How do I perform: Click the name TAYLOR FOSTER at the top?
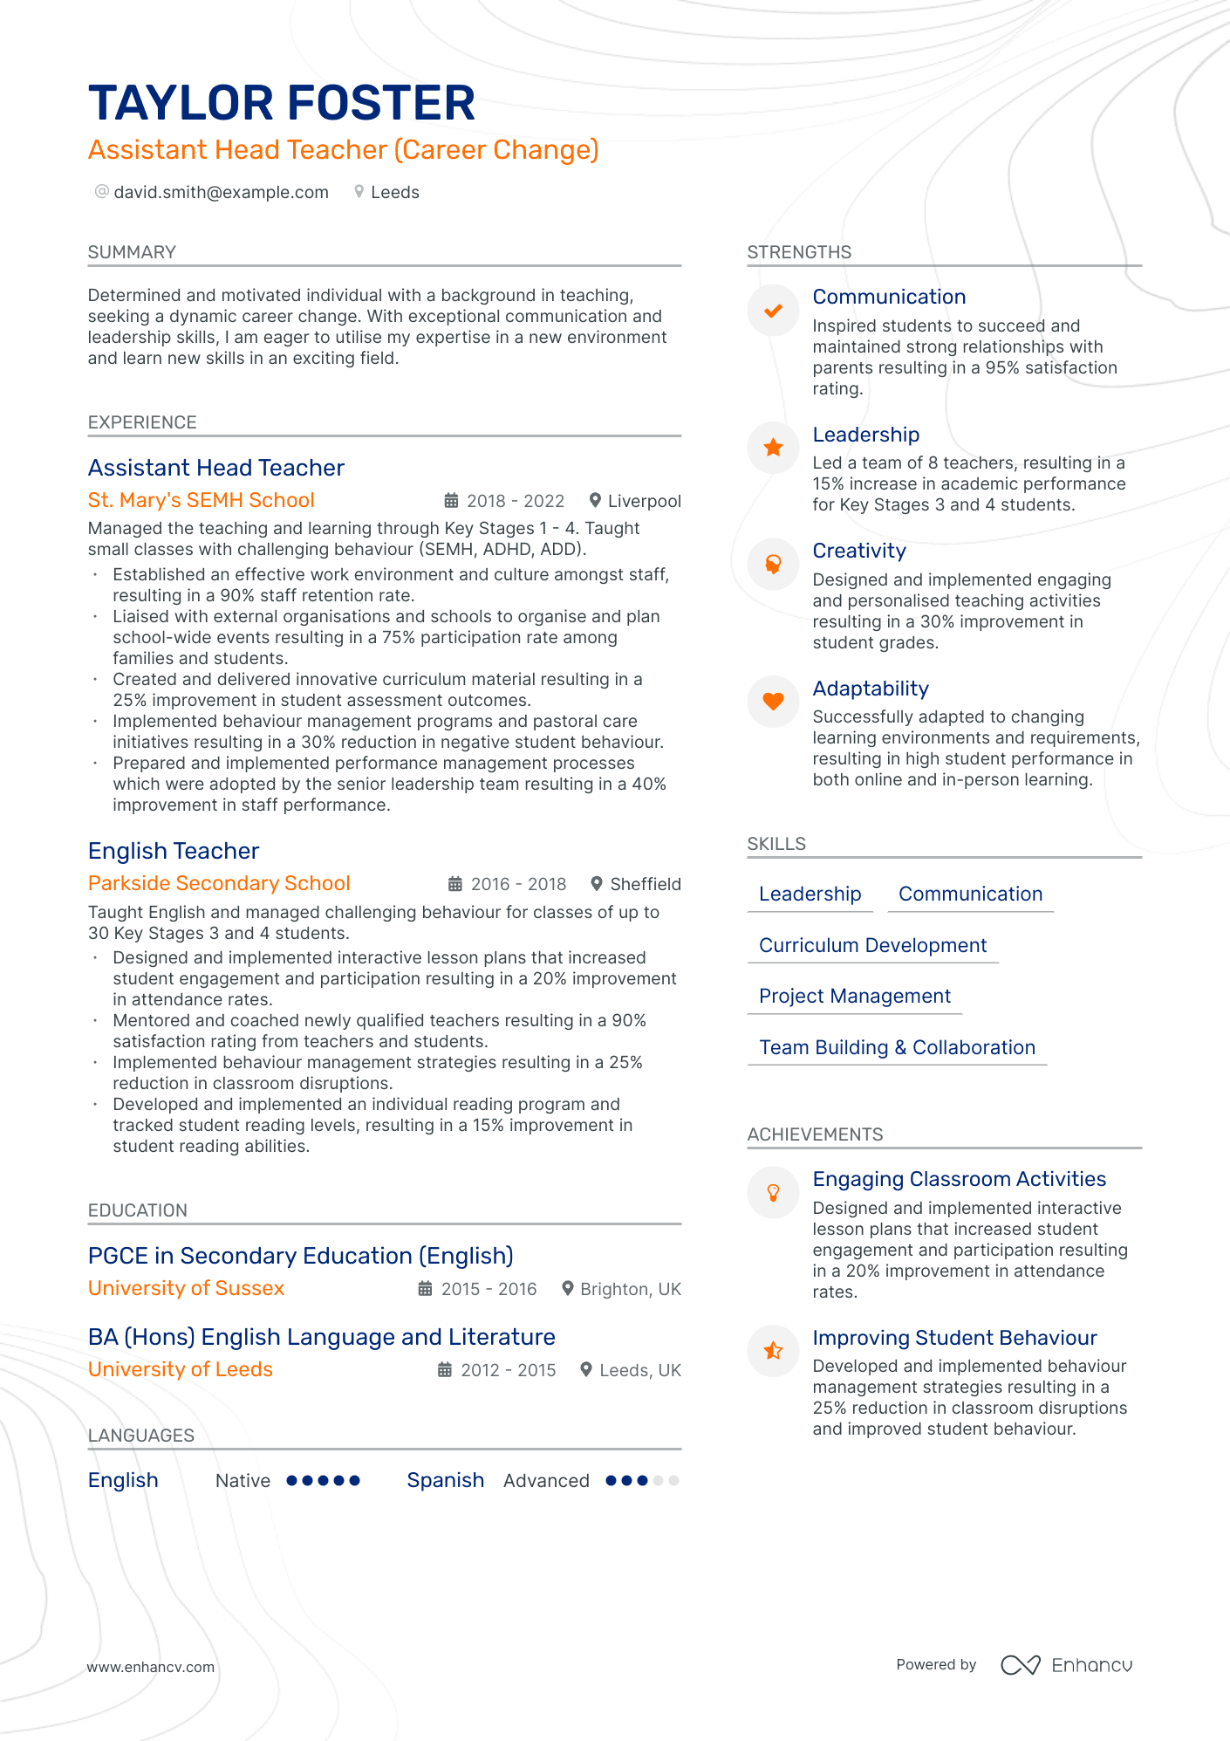[282, 103]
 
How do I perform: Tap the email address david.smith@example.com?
[221, 192]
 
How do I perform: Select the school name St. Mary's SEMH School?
[201, 500]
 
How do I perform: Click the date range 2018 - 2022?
[515, 501]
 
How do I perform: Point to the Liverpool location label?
[644, 501]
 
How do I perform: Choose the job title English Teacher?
[174, 851]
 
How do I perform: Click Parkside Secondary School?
[219, 883]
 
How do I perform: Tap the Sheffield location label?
[645, 884]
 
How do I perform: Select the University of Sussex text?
[186, 1288]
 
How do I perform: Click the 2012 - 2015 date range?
[508, 1370]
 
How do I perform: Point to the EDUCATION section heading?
[138, 1210]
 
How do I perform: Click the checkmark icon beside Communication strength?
[773, 311]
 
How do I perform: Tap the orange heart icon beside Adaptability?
[773, 701]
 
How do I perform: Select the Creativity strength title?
[859, 551]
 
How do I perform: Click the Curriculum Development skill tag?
[872, 945]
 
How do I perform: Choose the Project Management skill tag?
[855, 996]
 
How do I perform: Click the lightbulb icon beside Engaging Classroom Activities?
[773, 1192]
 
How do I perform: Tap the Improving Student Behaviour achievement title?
[954, 1338]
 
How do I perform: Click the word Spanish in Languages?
[445, 1480]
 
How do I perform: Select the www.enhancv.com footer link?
[150, 1667]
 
